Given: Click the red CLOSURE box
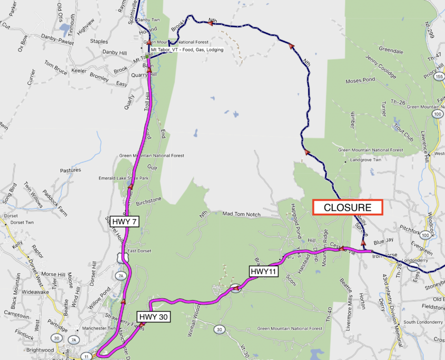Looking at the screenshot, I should click(348, 207).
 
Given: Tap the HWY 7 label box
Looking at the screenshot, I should click(124, 222).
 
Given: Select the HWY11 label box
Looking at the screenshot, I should click(263, 272).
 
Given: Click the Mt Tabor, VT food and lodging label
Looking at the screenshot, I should click(187, 50).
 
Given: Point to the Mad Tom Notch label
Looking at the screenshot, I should click(242, 214).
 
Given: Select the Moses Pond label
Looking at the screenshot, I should click(360, 81).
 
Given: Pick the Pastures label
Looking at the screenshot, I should click(71, 170).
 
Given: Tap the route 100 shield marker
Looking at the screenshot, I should click(438, 113).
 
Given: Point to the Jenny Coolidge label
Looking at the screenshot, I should click(380, 66).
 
